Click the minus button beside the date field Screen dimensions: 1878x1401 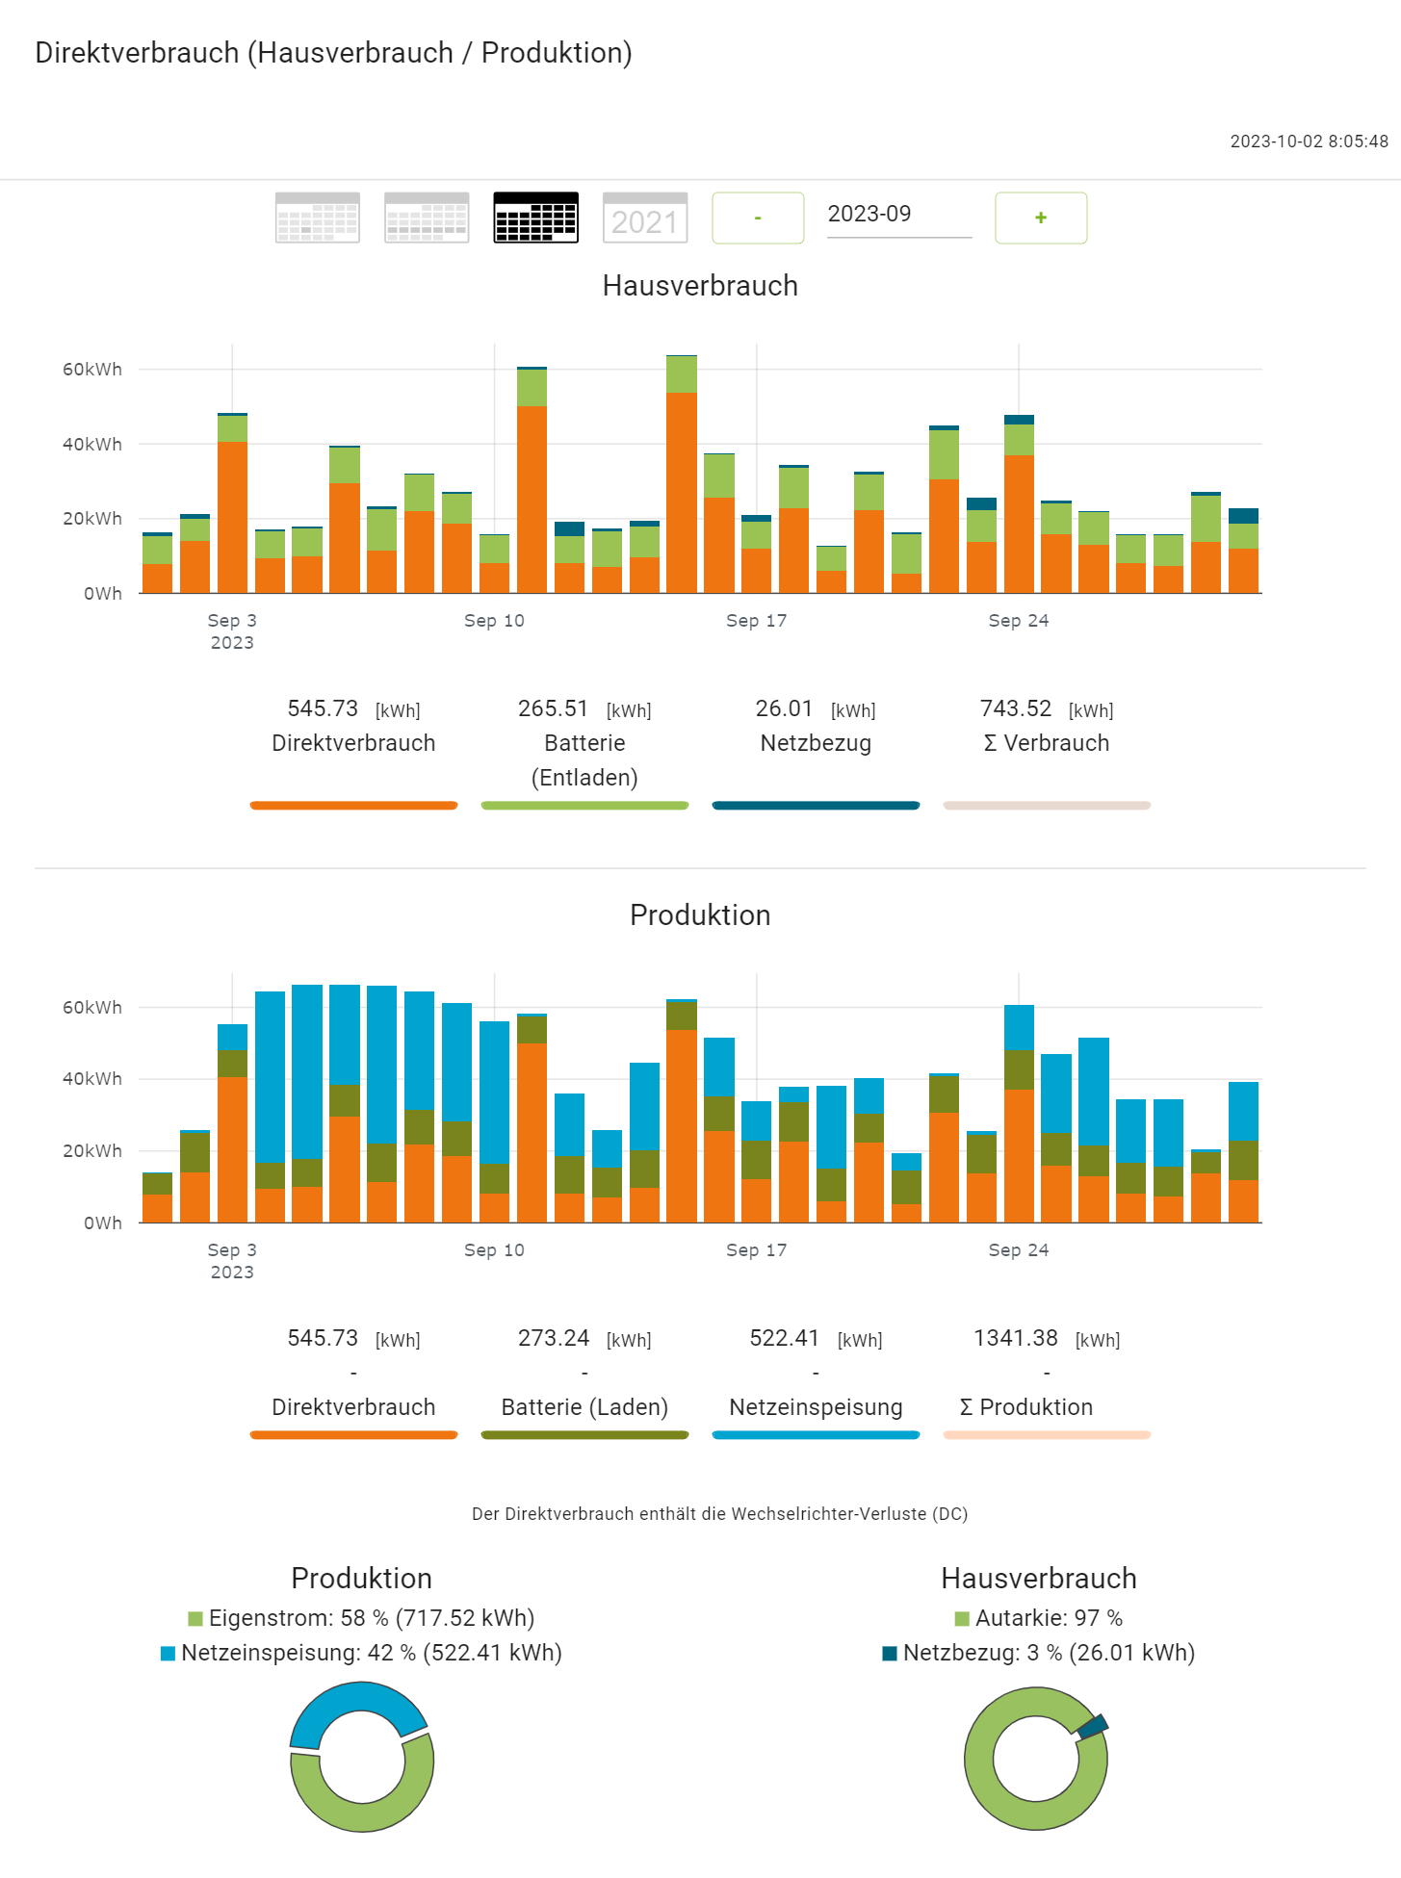[x=758, y=219]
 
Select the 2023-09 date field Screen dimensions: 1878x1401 [x=898, y=215]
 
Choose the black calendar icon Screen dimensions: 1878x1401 [x=535, y=219]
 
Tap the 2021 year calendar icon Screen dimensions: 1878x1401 [x=645, y=219]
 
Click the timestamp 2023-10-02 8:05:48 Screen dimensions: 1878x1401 [x=1309, y=141]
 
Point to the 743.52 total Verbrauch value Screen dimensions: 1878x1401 [x=1016, y=708]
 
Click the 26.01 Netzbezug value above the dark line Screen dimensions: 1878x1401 [x=784, y=708]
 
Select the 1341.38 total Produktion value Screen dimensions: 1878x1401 [x=1016, y=1338]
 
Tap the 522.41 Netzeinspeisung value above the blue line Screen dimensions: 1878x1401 [x=784, y=1338]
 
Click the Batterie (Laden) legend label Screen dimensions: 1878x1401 [x=584, y=1407]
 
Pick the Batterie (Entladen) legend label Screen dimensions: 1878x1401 [x=584, y=759]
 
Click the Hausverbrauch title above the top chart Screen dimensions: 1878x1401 [x=700, y=286]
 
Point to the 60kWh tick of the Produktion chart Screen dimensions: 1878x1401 [x=92, y=1008]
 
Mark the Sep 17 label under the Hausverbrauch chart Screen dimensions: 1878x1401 [x=756, y=621]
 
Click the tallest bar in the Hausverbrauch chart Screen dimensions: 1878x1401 [x=682, y=481]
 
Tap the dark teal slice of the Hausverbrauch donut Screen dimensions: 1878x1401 [x=1093, y=1726]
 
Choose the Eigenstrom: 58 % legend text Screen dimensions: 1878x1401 [x=371, y=1618]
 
